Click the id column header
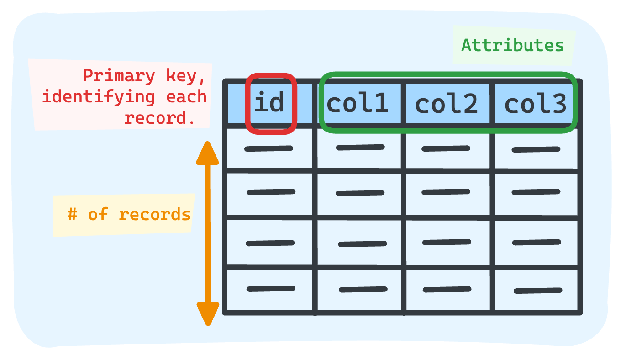pyautogui.click(x=269, y=103)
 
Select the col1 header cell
pyautogui.click(x=358, y=103)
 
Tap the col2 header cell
pyautogui.click(x=447, y=104)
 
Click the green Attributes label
pyautogui.click(x=513, y=45)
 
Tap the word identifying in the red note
pyautogui.click(x=98, y=97)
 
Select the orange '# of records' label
pyautogui.click(x=129, y=214)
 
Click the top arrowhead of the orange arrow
pyautogui.click(x=207, y=153)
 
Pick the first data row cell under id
pyautogui.click(x=269, y=148)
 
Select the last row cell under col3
pyautogui.click(x=537, y=291)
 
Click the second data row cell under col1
pyautogui.click(x=359, y=193)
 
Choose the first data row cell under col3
pyautogui.click(x=536, y=149)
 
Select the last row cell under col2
pyautogui.click(x=447, y=289)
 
